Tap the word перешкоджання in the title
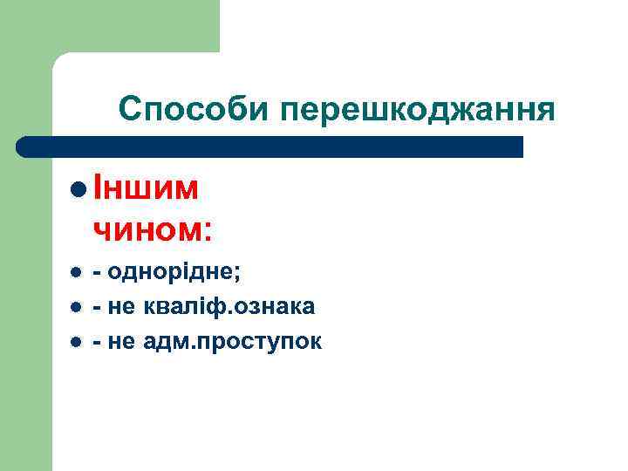click(x=417, y=109)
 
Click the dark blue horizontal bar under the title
click(x=270, y=147)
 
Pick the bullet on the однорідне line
click(x=76, y=273)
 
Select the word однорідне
click(x=176, y=273)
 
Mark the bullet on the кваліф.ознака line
click(x=76, y=308)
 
